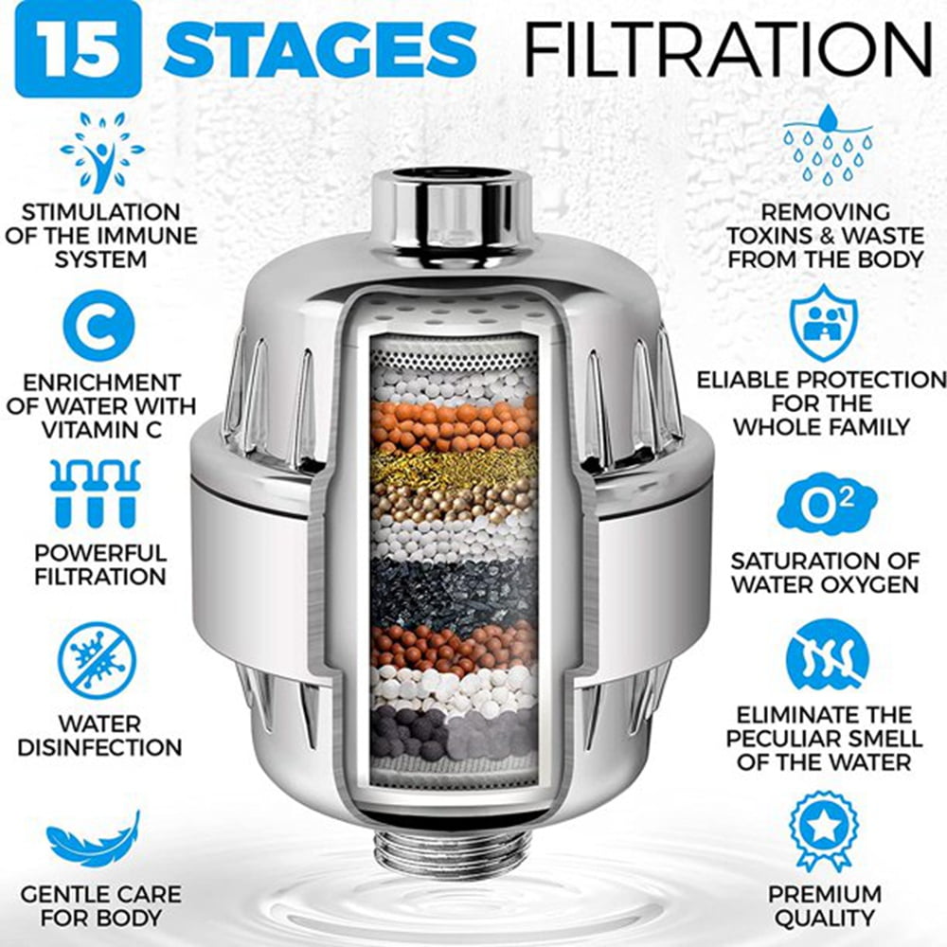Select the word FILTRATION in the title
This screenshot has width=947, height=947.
pos(728,47)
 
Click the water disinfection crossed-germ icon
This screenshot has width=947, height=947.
pos(98,660)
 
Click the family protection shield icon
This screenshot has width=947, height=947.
pos(824,322)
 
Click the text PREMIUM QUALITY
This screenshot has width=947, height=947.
pos(824,905)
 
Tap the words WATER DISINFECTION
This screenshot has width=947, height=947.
pos(99,735)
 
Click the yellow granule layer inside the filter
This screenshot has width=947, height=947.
pos(454,464)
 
